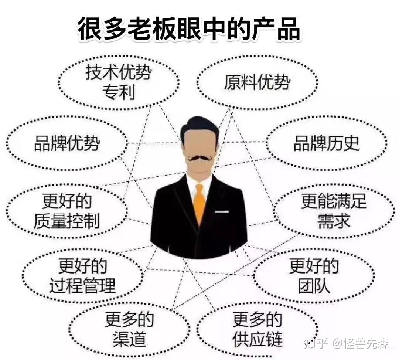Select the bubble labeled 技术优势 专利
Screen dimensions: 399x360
click(x=118, y=82)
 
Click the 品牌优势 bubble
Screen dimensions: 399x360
click(x=67, y=143)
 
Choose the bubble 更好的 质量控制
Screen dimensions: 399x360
click(x=67, y=211)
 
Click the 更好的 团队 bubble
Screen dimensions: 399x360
click(x=314, y=275)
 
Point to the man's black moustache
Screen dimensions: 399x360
click(x=199, y=158)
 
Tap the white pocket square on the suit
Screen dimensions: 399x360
click(x=222, y=212)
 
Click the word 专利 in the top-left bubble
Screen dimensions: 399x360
click(x=118, y=92)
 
